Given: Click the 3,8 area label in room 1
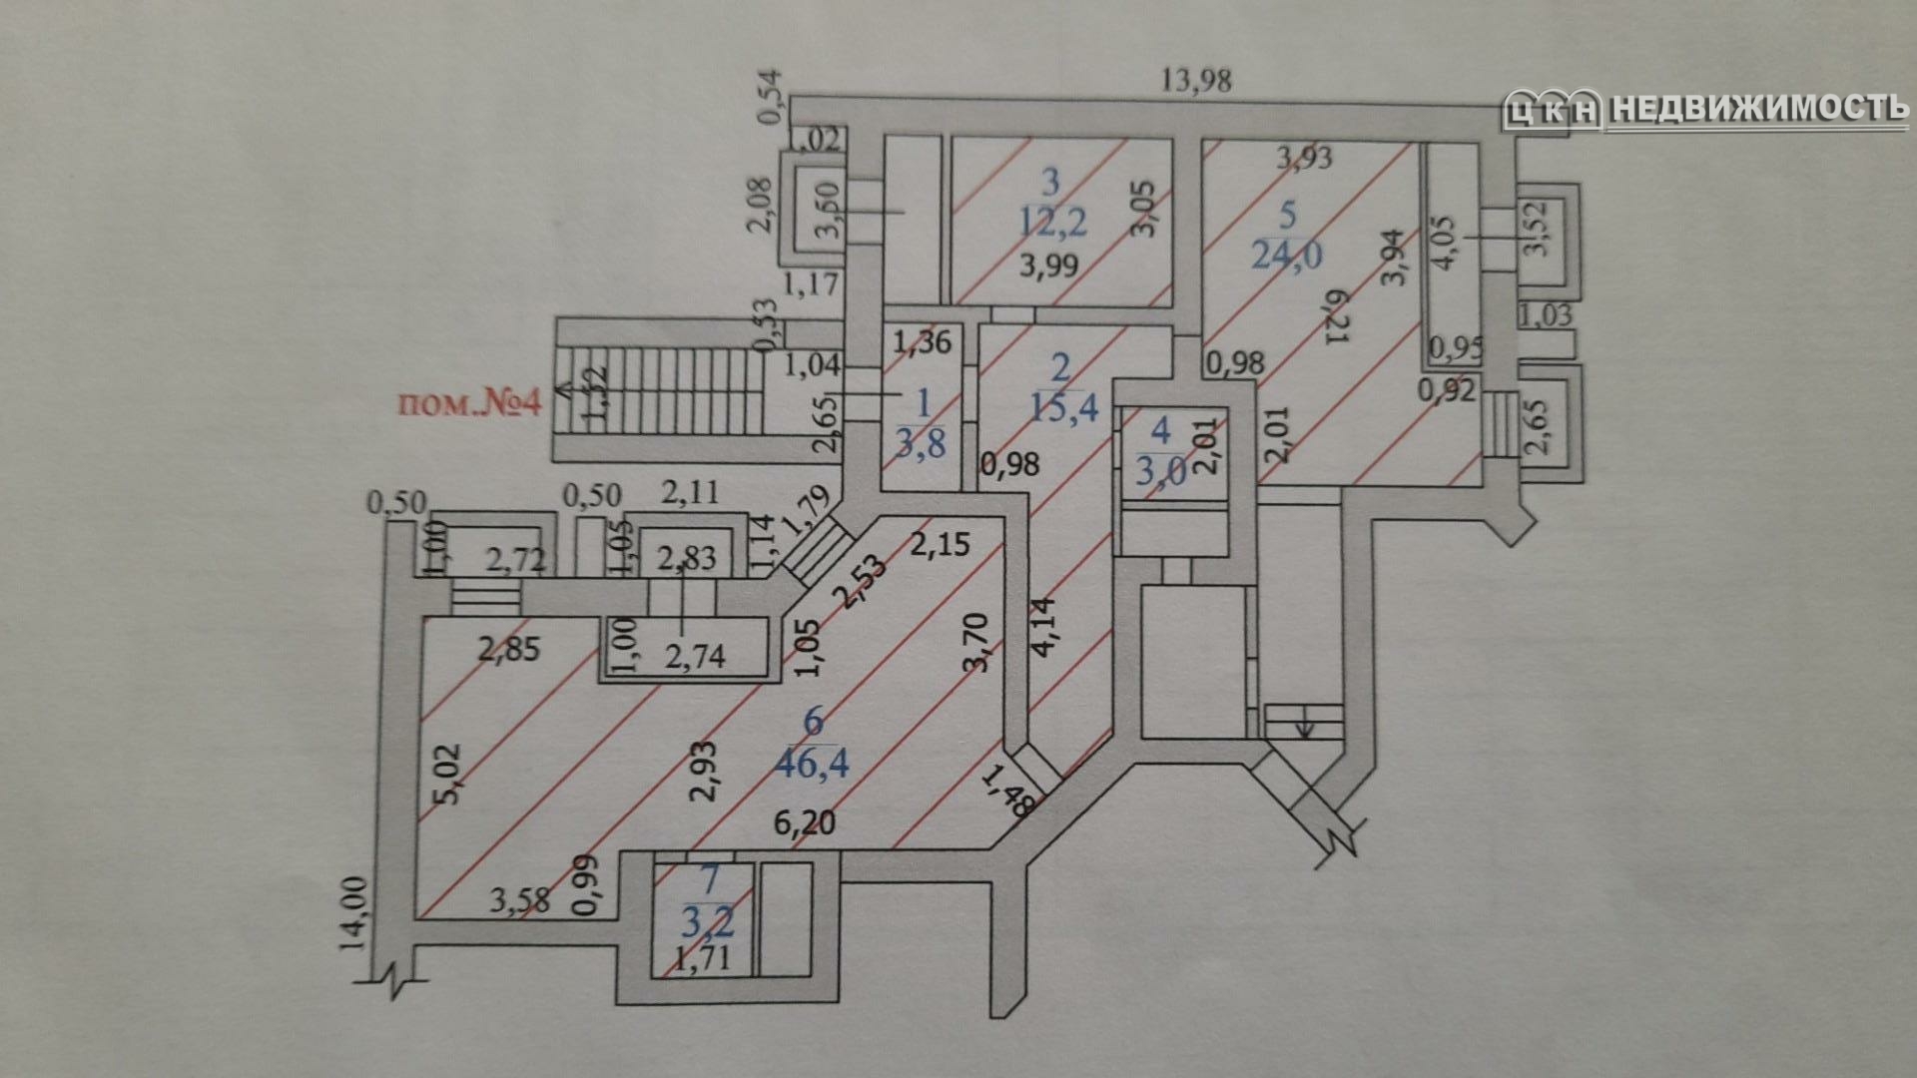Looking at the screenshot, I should click(x=920, y=441).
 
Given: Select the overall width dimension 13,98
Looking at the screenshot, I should click(x=1196, y=81).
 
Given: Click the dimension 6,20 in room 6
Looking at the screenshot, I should click(x=805, y=823).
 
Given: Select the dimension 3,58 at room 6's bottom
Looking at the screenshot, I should click(x=519, y=901).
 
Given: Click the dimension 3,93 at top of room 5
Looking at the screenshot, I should click(x=1305, y=156).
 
